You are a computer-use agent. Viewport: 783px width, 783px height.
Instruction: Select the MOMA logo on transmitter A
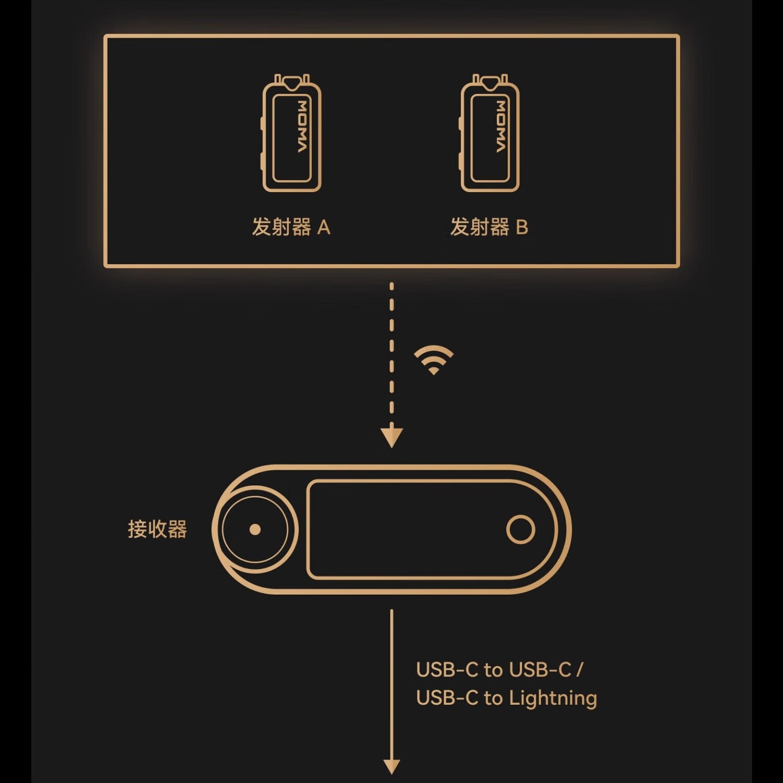tap(302, 127)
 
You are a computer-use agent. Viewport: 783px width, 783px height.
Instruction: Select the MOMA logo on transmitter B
tap(501, 127)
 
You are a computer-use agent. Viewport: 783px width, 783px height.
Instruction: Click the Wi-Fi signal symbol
tap(433, 360)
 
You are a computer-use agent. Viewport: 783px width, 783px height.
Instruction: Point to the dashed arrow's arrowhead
tap(391, 437)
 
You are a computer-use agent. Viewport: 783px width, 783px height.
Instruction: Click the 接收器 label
tap(157, 529)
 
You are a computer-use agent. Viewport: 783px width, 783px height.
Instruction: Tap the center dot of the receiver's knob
tap(255, 529)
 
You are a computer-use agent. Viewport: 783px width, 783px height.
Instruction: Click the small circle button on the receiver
tap(520, 529)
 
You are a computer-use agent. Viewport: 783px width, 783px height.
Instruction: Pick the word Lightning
tap(553, 698)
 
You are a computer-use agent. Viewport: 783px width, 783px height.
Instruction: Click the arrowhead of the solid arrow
tap(391, 766)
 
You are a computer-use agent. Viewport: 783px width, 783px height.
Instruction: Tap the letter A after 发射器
tap(324, 228)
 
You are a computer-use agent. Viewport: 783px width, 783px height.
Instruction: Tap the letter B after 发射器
tap(522, 228)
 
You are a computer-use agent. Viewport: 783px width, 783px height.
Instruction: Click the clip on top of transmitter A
tap(292, 80)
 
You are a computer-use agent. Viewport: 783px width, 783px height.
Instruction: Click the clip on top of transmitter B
tap(490, 80)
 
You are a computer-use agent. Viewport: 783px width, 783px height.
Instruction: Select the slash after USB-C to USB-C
tap(579, 669)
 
